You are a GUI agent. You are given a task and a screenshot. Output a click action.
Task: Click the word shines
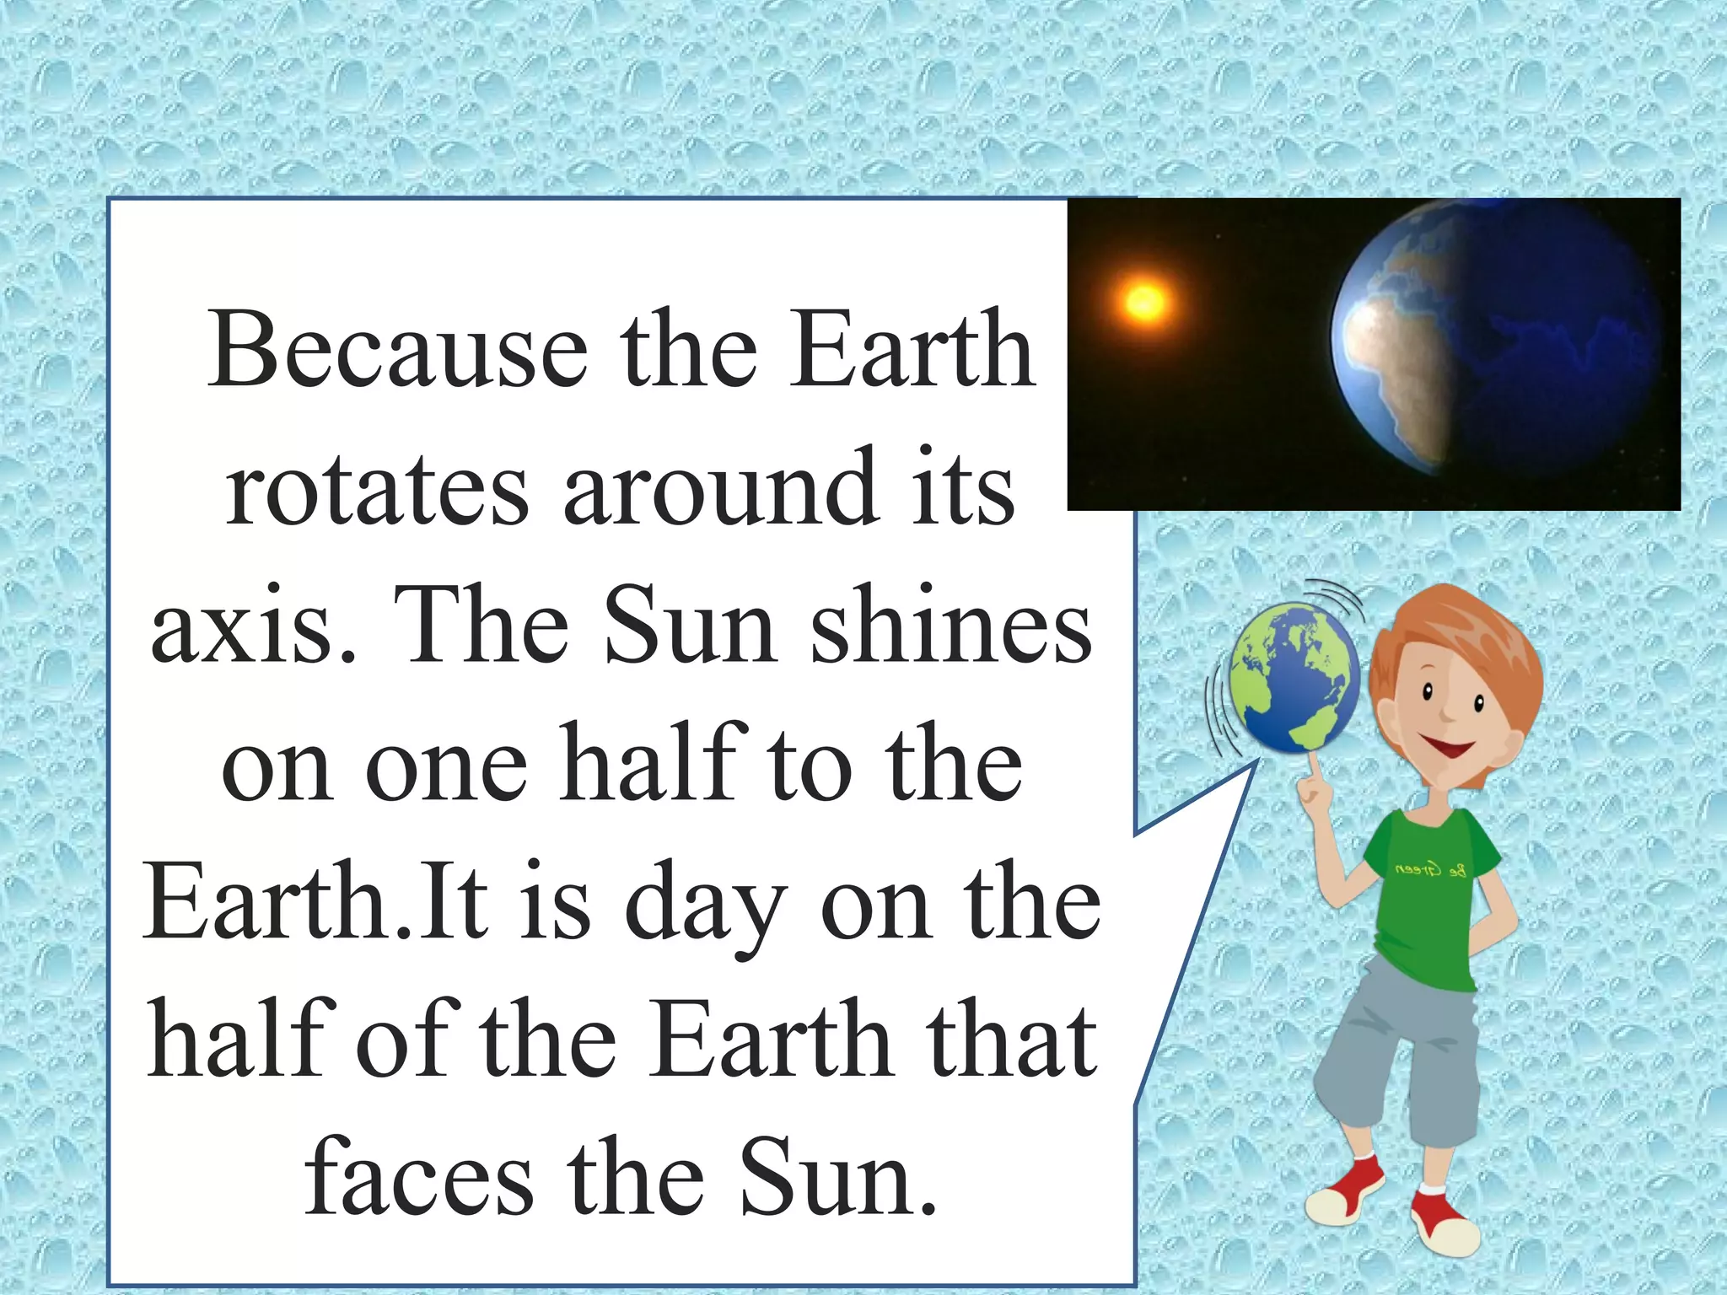(951, 626)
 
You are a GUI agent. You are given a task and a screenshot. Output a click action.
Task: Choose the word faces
(419, 1177)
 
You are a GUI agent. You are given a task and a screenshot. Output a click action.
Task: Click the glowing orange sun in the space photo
(1144, 301)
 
